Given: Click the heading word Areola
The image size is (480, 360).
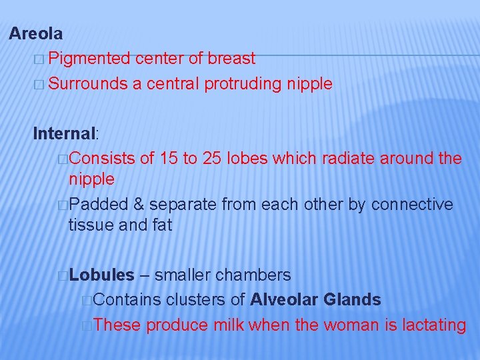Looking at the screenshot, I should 36,33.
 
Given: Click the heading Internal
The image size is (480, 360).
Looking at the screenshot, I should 65,133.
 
